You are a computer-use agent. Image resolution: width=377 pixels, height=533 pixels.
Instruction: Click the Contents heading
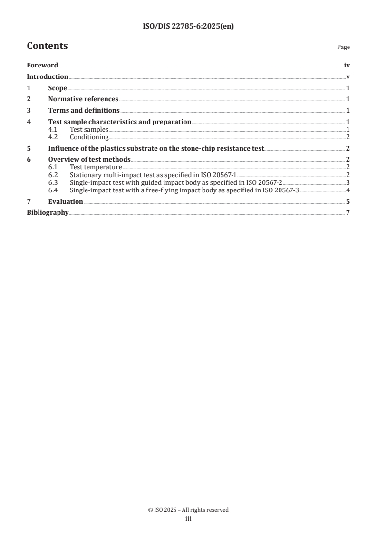[x=47, y=46]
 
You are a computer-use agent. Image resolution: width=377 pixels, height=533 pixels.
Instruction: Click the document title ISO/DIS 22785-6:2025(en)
[x=188, y=27]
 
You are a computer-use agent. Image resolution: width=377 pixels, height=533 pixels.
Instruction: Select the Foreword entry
[x=42, y=66]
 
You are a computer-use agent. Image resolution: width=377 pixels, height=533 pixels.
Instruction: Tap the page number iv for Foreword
[x=347, y=66]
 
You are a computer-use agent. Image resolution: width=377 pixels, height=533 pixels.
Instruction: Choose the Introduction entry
[x=47, y=76]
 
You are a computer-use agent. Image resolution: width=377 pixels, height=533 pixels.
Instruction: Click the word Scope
[x=58, y=88]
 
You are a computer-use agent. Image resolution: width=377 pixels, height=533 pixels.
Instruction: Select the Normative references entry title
[x=83, y=99]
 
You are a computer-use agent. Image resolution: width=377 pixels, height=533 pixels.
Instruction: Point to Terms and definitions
[x=84, y=111]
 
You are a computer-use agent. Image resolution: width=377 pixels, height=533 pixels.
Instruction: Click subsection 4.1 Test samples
[x=89, y=129]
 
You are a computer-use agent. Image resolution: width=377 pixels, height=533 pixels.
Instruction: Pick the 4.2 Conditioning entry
[x=89, y=137]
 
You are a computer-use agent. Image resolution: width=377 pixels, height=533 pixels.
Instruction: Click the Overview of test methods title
[x=89, y=160]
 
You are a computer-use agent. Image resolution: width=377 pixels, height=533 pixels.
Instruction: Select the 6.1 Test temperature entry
[x=96, y=167]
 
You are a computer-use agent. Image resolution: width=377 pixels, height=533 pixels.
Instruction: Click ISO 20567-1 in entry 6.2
[x=220, y=175]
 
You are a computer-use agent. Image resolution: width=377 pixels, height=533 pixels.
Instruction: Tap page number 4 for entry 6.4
[x=348, y=190]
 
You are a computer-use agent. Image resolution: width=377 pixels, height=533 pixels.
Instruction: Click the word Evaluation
[x=66, y=201]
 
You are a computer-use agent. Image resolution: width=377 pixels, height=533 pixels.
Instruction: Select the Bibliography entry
[x=48, y=212]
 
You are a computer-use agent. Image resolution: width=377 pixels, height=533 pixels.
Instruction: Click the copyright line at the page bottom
[x=188, y=510]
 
